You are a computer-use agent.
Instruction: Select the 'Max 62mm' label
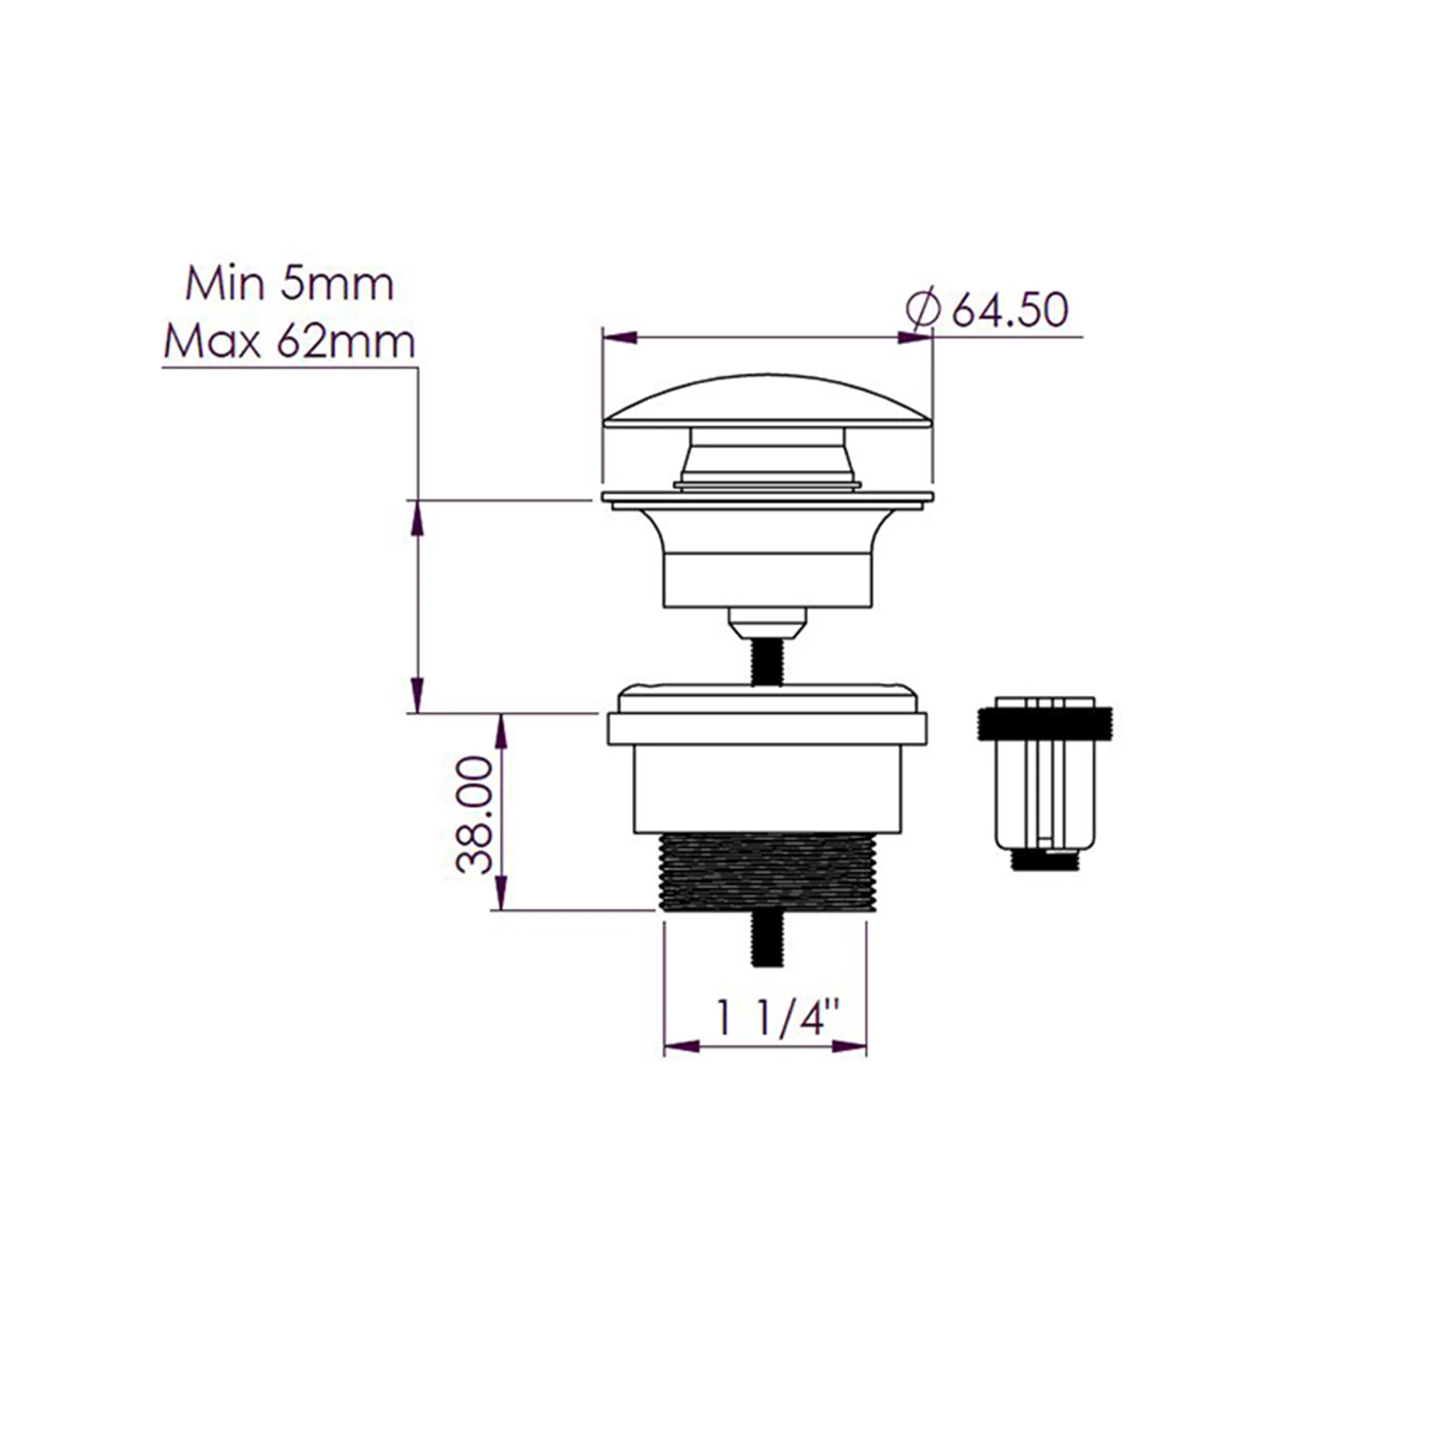[289, 342]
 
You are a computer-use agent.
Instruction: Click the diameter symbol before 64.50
[924, 311]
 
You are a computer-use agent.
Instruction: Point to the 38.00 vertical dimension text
[475, 816]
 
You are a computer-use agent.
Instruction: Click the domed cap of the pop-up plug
[766, 403]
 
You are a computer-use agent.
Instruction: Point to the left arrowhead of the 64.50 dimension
[619, 338]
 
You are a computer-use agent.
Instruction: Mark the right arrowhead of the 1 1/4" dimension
[849, 1048]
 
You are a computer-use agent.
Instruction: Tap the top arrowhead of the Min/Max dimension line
[417, 518]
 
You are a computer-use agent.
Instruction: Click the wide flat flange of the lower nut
[766, 729]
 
